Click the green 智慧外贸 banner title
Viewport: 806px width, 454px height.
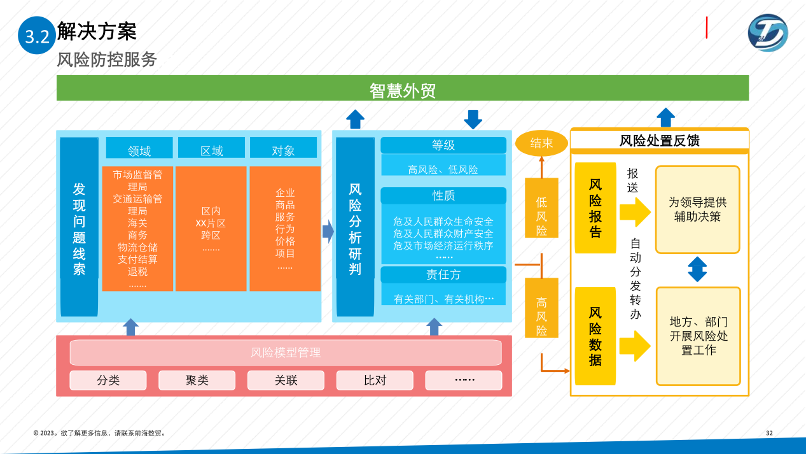pos(402,90)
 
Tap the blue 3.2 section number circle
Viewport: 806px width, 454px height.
pos(36,36)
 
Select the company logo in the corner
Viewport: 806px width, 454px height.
pos(767,33)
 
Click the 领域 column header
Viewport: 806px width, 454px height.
pos(139,150)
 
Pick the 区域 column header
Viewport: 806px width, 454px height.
pos(211,150)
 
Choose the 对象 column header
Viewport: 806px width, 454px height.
pos(283,150)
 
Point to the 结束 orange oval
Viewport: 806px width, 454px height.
pos(541,143)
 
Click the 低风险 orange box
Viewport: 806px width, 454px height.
pos(541,208)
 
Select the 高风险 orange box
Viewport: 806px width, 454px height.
pos(541,308)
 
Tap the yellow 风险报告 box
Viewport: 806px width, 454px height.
pos(595,208)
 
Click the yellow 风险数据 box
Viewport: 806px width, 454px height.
pos(595,336)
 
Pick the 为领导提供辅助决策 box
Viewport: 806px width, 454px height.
pos(697,209)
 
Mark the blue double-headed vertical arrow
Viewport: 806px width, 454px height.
pos(697,269)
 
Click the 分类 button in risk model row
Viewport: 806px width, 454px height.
pos(108,380)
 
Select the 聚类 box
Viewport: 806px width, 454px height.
pos(197,380)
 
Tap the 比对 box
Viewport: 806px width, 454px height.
pos(375,380)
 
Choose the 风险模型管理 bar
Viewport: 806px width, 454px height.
pos(286,352)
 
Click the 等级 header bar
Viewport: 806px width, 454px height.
pos(443,145)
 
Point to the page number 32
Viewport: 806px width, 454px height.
pos(769,433)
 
